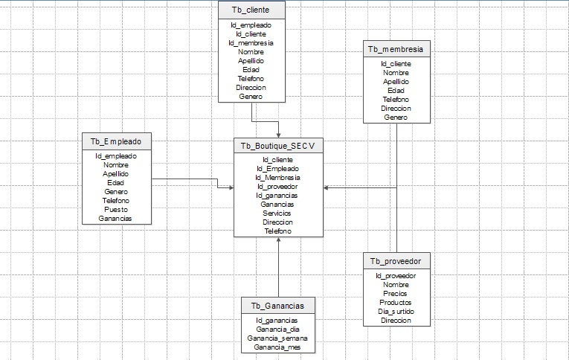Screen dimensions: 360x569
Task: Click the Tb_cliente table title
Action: click(251, 10)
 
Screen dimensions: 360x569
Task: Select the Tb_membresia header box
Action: click(396, 49)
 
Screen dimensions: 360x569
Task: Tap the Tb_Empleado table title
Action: click(116, 141)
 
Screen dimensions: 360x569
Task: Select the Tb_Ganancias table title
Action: click(277, 306)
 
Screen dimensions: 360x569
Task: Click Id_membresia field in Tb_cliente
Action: click(251, 43)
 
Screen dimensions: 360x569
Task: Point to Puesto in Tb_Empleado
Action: click(116, 210)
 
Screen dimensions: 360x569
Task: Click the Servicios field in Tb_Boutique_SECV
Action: click(277, 213)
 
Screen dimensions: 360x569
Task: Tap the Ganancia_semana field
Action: click(277, 338)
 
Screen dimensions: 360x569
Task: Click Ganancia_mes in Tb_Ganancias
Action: click(277, 347)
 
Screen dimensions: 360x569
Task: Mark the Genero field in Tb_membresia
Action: click(396, 118)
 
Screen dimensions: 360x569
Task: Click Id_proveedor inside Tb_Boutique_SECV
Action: click(277, 187)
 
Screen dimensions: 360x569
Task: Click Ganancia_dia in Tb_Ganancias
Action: click(277, 329)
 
